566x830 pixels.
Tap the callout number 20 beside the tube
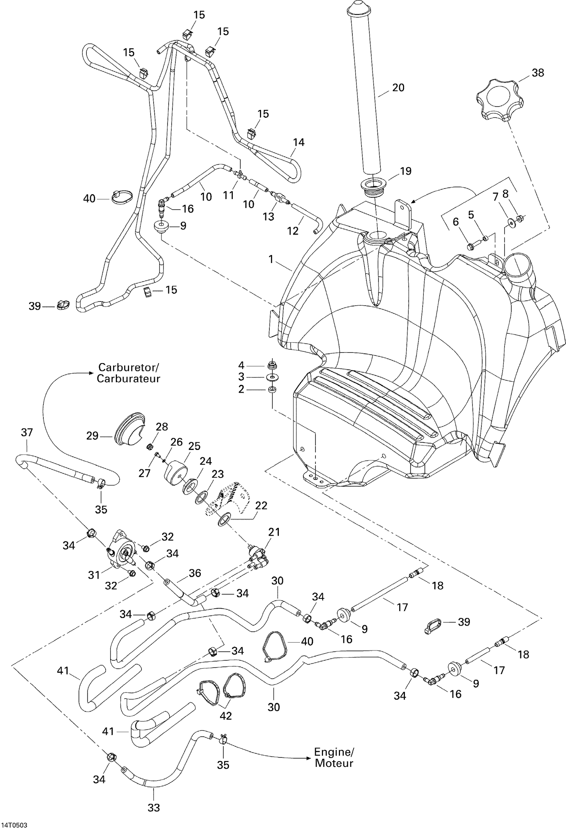tap(398, 88)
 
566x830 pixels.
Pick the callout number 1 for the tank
tap(271, 259)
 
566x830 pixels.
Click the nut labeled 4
tap(271, 365)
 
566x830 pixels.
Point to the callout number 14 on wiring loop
tap(298, 142)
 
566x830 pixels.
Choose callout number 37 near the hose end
tap(27, 432)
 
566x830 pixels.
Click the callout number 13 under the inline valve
tap(268, 216)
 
